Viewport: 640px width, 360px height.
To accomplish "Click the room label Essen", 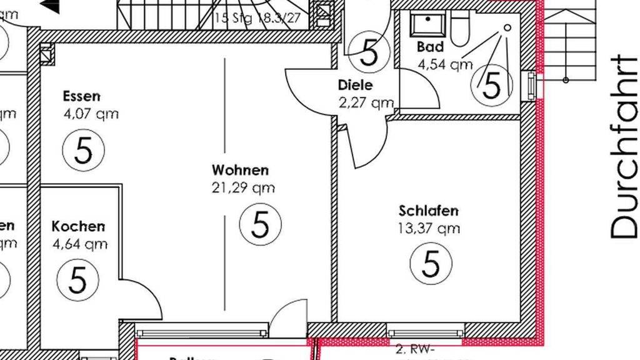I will tap(81, 96).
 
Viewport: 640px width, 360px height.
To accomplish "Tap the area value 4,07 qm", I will tap(91, 114).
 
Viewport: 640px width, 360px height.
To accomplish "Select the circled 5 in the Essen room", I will tap(84, 150).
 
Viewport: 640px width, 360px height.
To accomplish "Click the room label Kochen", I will tap(78, 226).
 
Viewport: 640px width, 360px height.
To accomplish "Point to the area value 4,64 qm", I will tap(80, 244).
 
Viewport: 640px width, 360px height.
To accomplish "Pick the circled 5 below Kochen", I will tap(77, 279).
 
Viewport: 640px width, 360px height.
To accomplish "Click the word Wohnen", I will tap(240, 170).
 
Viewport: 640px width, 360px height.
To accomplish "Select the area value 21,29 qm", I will tap(243, 187).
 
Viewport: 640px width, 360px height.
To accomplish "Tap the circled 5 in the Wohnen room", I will tap(261, 224).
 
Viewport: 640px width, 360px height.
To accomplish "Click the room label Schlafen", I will tap(429, 211).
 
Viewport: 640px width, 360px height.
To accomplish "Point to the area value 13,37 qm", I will tap(429, 229).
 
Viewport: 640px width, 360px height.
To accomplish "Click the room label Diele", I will tap(355, 85).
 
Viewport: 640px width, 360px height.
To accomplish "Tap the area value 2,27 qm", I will tap(366, 102).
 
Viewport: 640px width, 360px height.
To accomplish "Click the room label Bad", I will tap(430, 47).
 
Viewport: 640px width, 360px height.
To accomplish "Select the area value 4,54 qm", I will tap(445, 64).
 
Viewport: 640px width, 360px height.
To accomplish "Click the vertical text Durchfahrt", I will tap(624, 147).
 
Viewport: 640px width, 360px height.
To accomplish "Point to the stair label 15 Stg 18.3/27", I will tap(257, 18).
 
